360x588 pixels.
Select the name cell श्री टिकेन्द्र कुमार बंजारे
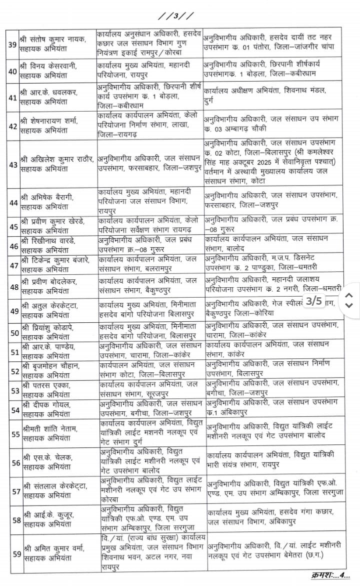[x=55, y=264]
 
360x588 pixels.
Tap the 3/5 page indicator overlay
[x=314, y=301]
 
